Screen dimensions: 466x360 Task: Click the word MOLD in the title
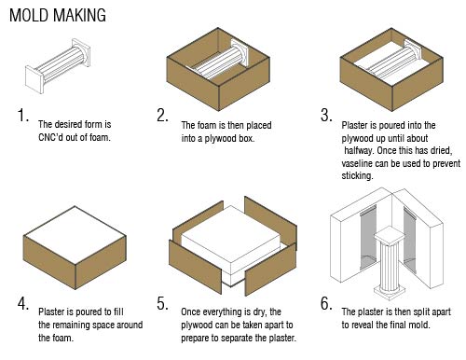tap(29, 15)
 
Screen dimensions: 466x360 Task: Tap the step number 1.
tap(23, 115)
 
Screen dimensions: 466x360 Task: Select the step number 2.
tap(162, 115)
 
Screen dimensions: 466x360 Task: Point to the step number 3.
tap(326, 115)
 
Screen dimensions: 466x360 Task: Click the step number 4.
tap(23, 303)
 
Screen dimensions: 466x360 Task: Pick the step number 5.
tap(162, 303)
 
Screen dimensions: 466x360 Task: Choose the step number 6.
tap(326, 303)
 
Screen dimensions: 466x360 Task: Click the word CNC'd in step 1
tap(50, 137)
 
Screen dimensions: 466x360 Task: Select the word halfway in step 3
tap(359, 151)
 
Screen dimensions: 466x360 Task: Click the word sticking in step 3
tap(357, 176)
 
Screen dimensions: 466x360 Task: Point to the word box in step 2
tap(247, 138)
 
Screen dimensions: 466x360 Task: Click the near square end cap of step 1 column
tap(34, 79)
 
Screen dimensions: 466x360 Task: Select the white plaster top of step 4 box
tap(75, 235)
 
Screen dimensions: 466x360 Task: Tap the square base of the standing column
tap(390, 292)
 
